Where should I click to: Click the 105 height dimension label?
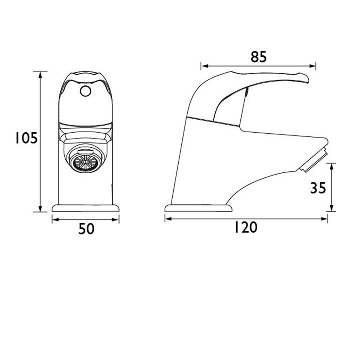pyautogui.click(x=26, y=138)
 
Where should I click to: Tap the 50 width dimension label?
pyautogui.click(x=86, y=229)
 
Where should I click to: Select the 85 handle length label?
pyautogui.click(x=259, y=57)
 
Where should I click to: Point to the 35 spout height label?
pyautogui.click(x=318, y=188)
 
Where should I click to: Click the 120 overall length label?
pyautogui.click(x=246, y=227)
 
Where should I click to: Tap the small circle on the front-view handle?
pyautogui.click(x=85, y=91)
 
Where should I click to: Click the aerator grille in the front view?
pyautogui.click(x=85, y=162)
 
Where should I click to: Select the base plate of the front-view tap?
pyautogui.click(x=85, y=208)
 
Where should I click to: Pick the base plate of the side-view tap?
pyautogui.click(x=198, y=208)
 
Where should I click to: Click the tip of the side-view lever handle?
pyautogui.click(x=308, y=81)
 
